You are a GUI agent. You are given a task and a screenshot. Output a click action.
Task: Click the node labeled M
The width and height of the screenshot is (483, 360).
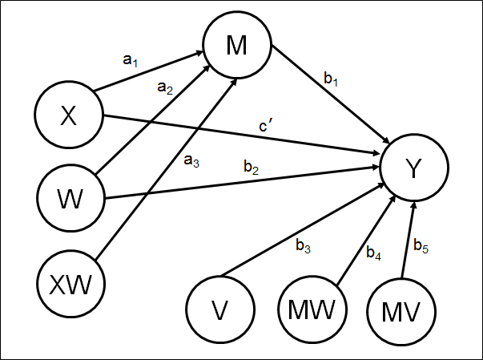(x=236, y=47)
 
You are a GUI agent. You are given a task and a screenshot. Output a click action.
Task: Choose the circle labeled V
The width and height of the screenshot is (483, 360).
(x=219, y=308)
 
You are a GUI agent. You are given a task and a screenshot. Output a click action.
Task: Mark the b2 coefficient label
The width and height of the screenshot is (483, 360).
(x=251, y=168)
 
